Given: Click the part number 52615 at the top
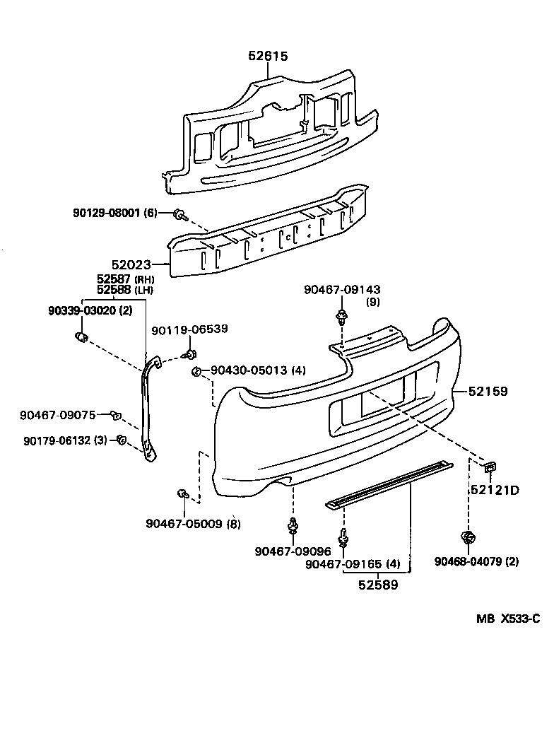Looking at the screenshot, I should pyautogui.click(x=268, y=56).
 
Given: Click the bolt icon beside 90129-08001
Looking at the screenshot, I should pyautogui.click(x=179, y=213).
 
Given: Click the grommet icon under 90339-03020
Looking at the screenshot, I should pyautogui.click(x=81, y=335).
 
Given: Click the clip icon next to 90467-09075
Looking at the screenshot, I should pyautogui.click(x=117, y=414).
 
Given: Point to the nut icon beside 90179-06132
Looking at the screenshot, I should pyautogui.click(x=121, y=440).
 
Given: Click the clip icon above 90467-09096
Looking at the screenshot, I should pyautogui.click(x=292, y=527).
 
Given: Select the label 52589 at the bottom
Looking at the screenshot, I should pyautogui.click(x=377, y=585).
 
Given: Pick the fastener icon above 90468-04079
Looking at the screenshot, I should pyautogui.click(x=466, y=538).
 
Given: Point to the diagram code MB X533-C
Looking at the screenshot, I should pyautogui.click(x=507, y=619).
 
